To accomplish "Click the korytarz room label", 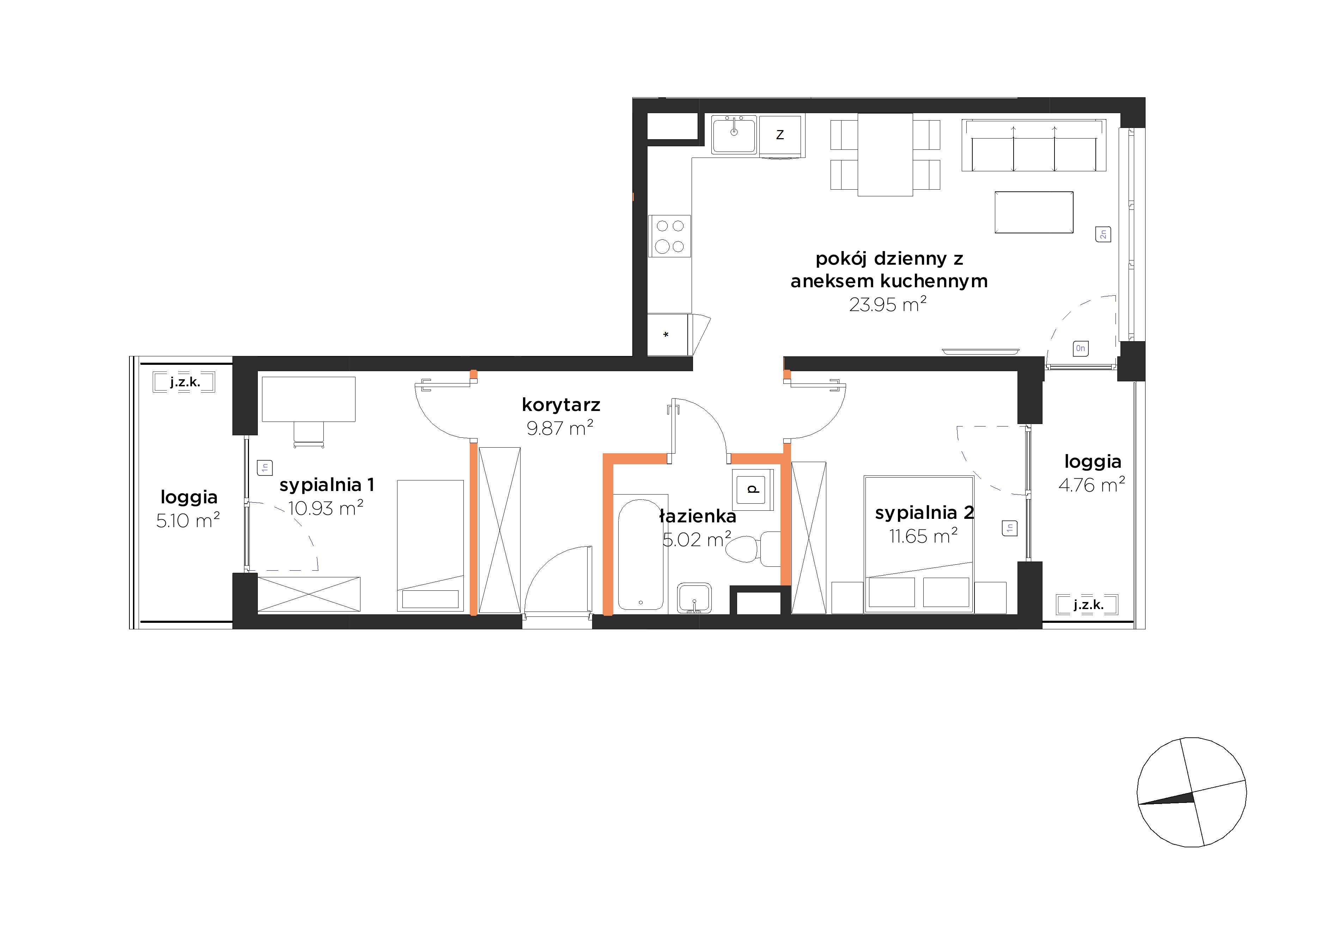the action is (x=560, y=405).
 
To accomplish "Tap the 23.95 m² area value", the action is (x=888, y=304).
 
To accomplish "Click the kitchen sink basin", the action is (x=734, y=135).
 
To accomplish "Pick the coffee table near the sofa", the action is (x=1034, y=212).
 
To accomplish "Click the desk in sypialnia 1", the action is (x=308, y=399).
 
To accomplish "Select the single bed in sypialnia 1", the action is (x=430, y=545).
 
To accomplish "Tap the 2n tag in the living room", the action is (x=1102, y=234).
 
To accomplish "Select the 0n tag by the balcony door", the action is (x=1080, y=348).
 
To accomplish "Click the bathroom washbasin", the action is (x=694, y=597).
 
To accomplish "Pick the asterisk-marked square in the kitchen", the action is (x=667, y=335).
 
